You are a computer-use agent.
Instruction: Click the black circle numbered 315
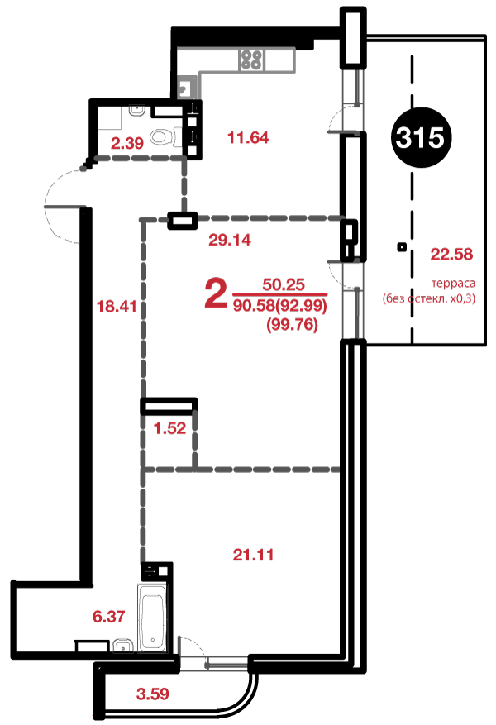(421, 137)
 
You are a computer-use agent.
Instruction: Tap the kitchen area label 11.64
(248, 138)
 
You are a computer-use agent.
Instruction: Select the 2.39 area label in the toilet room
(127, 143)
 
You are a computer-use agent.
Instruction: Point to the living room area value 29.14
(230, 240)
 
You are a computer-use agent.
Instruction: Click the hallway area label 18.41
(117, 306)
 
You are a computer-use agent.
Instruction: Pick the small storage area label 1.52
(169, 428)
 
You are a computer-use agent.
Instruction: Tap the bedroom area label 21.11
(253, 554)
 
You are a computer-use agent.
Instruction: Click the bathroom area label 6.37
(108, 617)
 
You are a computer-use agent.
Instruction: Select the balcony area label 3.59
(153, 694)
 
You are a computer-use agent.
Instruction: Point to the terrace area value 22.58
(451, 254)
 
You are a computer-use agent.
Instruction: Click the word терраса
(453, 283)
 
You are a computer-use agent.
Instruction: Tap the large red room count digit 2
(216, 294)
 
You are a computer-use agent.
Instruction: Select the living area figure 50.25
(284, 284)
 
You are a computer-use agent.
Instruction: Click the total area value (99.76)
(292, 325)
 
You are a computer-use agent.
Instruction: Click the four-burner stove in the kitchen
(252, 60)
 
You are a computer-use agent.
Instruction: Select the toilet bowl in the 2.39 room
(161, 136)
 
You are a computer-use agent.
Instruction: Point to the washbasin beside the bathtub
(122, 646)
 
